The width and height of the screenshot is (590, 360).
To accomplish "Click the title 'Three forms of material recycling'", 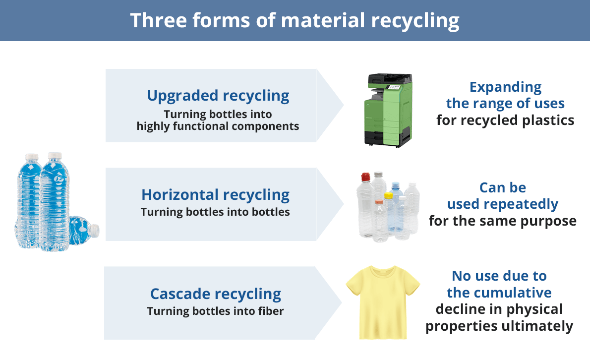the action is coord(295,21).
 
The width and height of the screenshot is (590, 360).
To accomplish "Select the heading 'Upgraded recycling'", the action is coord(218,96).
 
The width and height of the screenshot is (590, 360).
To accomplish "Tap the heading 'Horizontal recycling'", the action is coord(216,195).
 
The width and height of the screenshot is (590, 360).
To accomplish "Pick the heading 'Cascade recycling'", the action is coord(216,294).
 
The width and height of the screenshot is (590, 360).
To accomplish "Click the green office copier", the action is coord(388,110).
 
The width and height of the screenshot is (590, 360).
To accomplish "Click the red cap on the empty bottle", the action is coord(365,177).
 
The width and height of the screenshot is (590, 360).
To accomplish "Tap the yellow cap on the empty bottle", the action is coord(388,195).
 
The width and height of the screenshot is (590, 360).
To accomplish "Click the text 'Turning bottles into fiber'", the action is coord(215,311).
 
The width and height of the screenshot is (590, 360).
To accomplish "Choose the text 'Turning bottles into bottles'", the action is coord(215,212).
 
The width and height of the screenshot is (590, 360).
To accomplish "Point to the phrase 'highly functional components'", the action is coord(218,126).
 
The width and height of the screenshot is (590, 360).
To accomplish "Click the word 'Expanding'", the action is coord(505,87).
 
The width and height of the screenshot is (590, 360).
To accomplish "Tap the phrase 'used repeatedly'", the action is coord(503,204).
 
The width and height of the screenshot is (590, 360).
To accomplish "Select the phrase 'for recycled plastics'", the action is coord(505,120).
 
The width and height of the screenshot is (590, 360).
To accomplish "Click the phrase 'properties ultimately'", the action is coord(499,326).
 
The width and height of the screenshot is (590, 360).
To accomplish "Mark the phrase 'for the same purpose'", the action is coord(503,221).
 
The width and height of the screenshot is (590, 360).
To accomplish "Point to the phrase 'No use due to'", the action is coord(499,276).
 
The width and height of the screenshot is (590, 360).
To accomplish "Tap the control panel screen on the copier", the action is coord(394,87).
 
